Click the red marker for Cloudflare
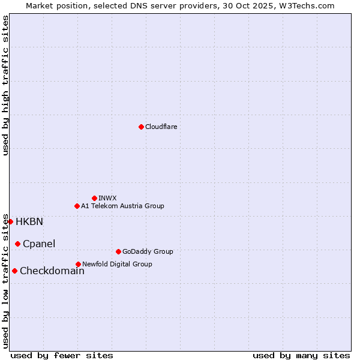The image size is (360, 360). [x=141, y=127]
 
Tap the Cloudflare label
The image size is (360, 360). [x=161, y=127]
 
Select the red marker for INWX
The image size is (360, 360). [x=94, y=198]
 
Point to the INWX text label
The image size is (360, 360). [x=107, y=199]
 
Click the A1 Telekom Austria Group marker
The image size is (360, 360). [x=77, y=206]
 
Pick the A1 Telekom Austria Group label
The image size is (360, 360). [x=122, y=206]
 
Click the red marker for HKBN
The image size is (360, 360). [x=10, y=221]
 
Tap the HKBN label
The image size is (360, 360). [x=29, y=222]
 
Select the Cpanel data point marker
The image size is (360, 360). [x=17, y=244]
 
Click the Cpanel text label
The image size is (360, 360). [x=39, y=244]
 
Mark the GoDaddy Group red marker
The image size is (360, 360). [x=118, y=251]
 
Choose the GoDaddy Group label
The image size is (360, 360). [x=148, y=252]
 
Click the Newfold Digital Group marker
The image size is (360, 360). [x=78, y=264]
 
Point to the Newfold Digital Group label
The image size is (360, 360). [x=117, y=265]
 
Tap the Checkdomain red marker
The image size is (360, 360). [x=14, y=271]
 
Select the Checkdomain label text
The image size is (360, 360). [x=52, y=271]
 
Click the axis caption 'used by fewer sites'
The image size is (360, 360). [x=62, y=355]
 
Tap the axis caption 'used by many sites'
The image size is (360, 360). [x=301, y=355]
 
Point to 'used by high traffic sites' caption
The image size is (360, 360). [x=6, y=85]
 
